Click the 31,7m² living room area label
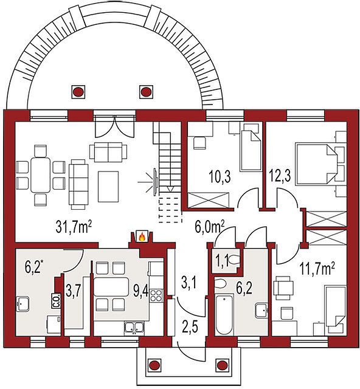(72, 227)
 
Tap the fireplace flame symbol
(142, 237)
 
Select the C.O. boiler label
(56, 301)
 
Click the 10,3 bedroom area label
(220, 177)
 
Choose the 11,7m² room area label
(316, 269)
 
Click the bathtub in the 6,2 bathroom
(224, 314)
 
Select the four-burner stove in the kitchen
(156, 296)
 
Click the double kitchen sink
(134, 327)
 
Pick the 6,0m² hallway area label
(210, 227)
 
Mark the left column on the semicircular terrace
(78, 92)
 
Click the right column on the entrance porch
(221, 365)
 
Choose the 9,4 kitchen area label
(141, 291)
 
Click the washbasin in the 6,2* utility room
(22, 304)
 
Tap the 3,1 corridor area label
(189, 283)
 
